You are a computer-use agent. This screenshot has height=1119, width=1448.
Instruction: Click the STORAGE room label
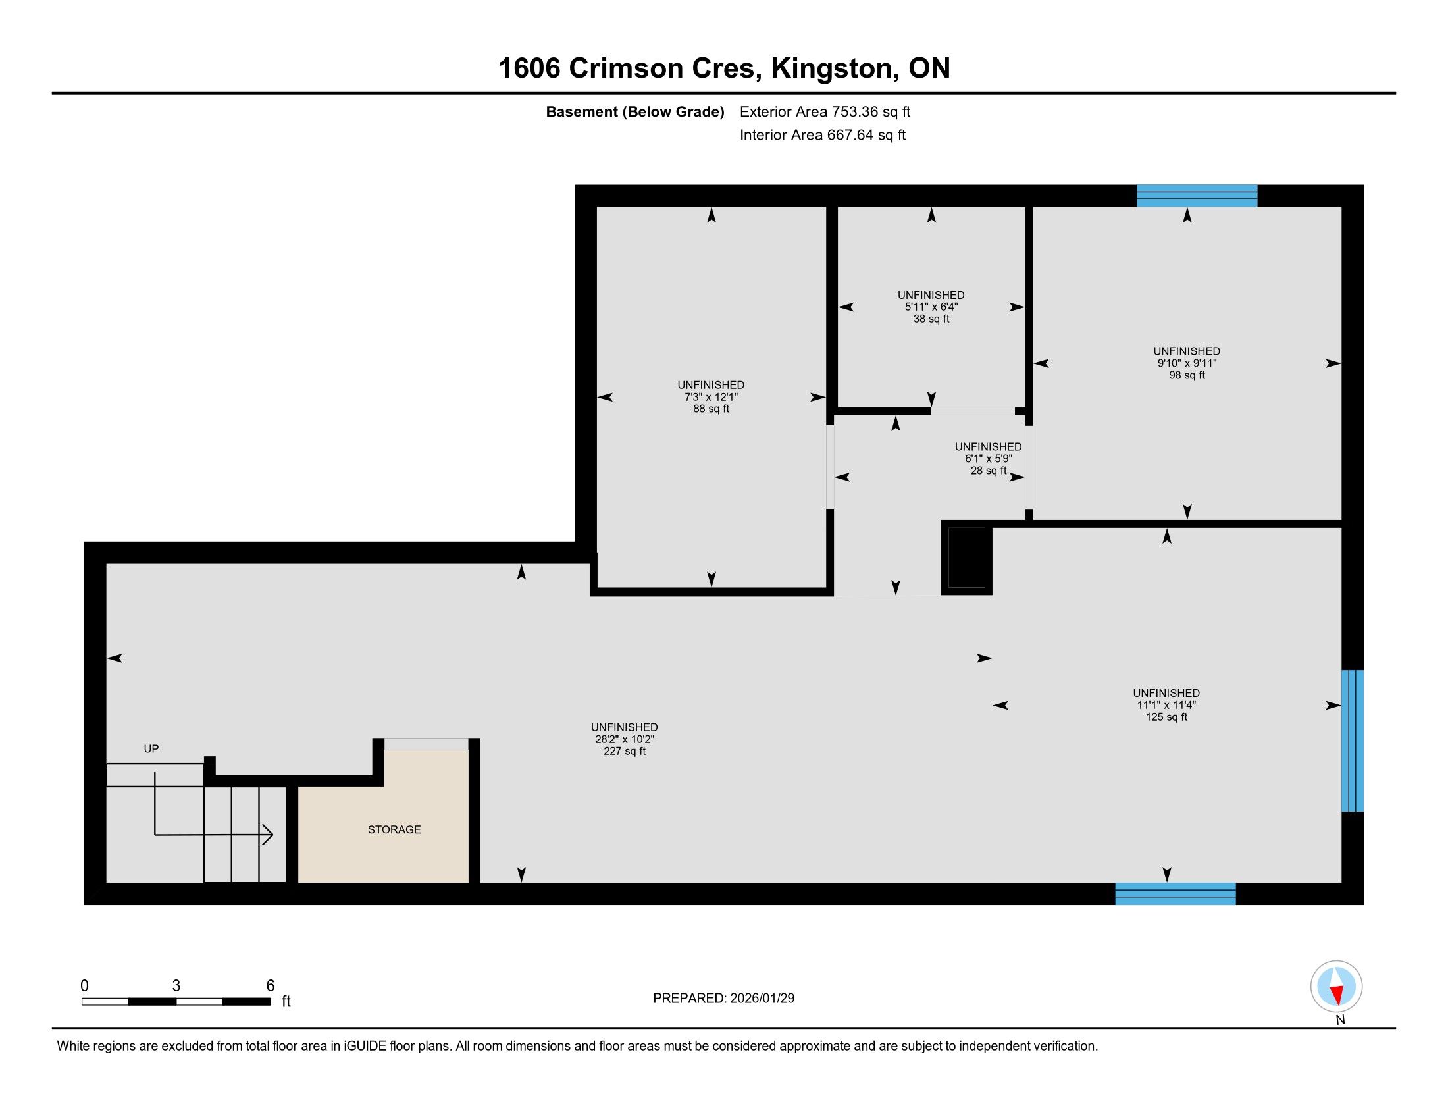tap(394, 829)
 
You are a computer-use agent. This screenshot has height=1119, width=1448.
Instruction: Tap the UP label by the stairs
tap(151, 748)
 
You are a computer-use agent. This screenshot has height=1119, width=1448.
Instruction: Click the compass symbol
tap(1336, 986)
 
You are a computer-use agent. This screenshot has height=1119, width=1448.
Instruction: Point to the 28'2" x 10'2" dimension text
tap(625, 739)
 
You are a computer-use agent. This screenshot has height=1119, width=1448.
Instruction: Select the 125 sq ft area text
tap(1166, 717)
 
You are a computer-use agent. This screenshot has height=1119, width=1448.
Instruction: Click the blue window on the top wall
tap(1197, 195)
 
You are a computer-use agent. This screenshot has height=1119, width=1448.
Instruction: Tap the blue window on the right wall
tap(1352, 741)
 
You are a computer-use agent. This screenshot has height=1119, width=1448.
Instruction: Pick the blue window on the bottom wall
tap(1175, 894)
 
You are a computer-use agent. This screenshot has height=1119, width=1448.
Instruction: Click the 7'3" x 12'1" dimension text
tap(711, 397)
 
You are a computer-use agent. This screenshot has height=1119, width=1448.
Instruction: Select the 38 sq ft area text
tap(931, 319)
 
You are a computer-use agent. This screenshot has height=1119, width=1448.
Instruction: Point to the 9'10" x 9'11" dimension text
tap(1187, 363)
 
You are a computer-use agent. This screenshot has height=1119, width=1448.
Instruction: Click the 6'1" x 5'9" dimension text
tap(988, 459)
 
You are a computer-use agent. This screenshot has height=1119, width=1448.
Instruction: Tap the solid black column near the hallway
tap(967, 558)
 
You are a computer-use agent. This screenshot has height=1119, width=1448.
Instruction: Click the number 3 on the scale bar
tap(176, 986)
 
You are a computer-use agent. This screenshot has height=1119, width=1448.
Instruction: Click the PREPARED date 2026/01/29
tap(762, 999)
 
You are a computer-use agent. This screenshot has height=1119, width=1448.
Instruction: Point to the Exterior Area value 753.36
tap(853, 111)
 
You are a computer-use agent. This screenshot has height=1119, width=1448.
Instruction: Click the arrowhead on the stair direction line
tap(268, 835)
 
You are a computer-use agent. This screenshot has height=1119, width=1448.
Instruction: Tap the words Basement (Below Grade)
tap(634, 111)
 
